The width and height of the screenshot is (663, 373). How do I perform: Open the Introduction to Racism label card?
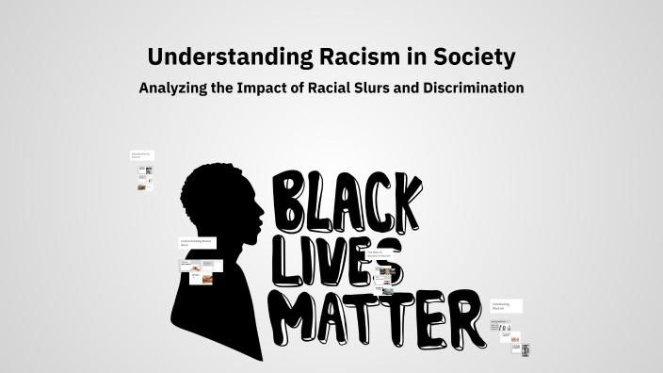(x=141, y=154)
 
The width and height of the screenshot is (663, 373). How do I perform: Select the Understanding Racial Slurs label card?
(x=198, y=243)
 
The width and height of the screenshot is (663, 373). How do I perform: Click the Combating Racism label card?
(x=506, y=306)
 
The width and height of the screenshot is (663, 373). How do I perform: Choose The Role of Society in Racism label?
(x=379, y=254)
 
